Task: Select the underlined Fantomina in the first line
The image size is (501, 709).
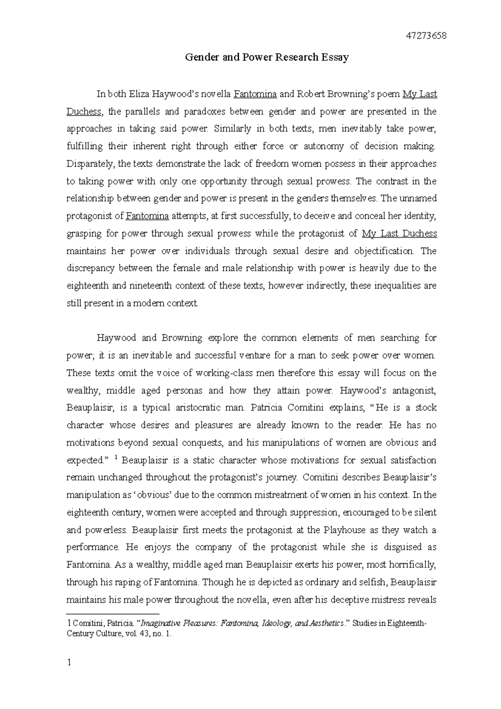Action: coord(255,94)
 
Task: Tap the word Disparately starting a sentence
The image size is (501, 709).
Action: coord(89,164)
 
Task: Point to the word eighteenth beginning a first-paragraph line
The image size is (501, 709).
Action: coord(86,286)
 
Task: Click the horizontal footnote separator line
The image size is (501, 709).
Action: coord(113,614)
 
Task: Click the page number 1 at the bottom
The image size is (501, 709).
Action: coord(69,663)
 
